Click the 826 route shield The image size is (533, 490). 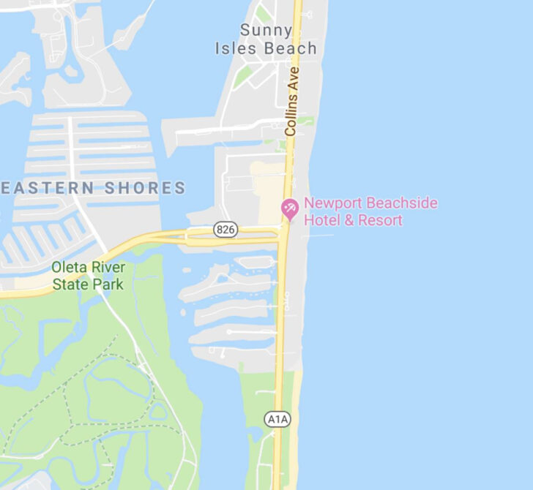pyautogui.click(x=225, y=230)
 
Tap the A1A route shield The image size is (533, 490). pyautogui.click(x=277, y=419)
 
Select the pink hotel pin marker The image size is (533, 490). pyautogui.click(x=290, y=208)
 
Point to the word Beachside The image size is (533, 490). pyautogui.click(x=401, y=203)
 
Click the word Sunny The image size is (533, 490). pyautogui.click(x=266, y=31)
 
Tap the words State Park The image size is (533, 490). pyautogui.click(x=87, y=284)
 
